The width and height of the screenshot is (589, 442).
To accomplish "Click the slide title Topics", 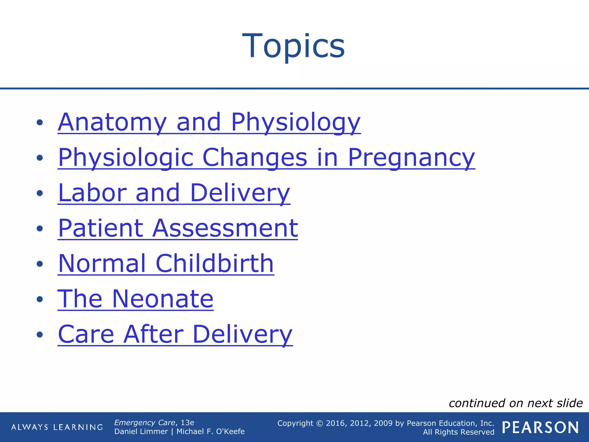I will click(293, 46).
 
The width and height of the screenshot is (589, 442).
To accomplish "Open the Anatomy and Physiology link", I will click(209, 122).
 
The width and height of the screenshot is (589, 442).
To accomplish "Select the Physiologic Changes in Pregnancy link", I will click(266, 157).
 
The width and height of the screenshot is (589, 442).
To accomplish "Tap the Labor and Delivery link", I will click(174, 193).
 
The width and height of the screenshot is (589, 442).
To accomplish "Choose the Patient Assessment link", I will click(178, 228).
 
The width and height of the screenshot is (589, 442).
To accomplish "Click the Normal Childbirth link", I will click(166, 264).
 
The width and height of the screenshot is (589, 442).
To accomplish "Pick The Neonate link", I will click(135, 299).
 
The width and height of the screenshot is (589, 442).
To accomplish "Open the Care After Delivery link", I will click(175, 334).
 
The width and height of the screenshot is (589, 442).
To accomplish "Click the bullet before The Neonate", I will click(40, 299).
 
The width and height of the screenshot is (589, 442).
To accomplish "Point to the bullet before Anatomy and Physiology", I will click(40, 123).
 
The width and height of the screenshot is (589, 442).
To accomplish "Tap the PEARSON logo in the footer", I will click(540, 427).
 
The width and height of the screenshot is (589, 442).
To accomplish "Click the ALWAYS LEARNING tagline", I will click(57, 427).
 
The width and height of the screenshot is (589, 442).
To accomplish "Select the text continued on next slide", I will click(515, 403).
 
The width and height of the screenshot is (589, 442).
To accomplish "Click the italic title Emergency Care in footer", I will click(144, 423).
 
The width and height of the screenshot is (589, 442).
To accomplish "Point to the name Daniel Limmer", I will click(141, 432).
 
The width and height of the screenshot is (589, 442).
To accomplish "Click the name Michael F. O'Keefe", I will click(211, 432).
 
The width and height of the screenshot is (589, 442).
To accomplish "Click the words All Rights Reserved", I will click(458, 432).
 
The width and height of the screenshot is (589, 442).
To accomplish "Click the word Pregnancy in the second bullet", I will click(411, 157).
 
